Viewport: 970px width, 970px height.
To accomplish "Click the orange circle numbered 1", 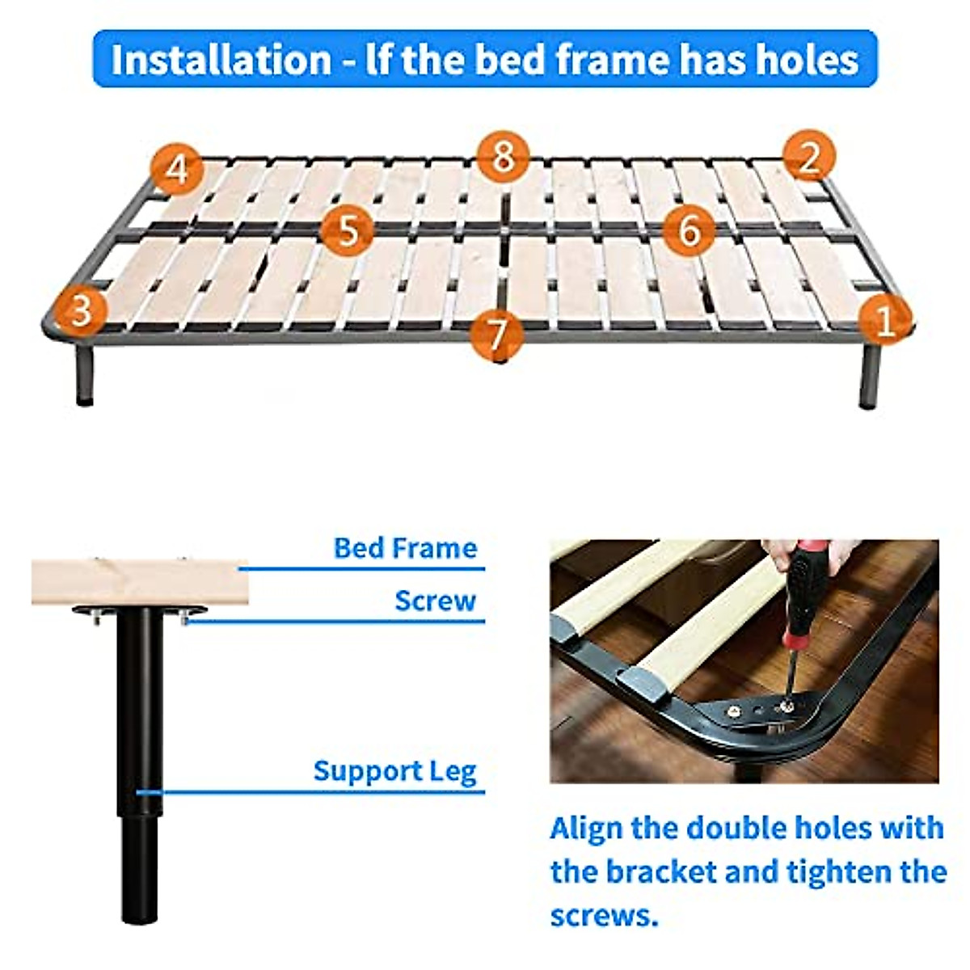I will pos(885,320).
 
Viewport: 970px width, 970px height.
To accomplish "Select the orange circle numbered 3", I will pos(79,309).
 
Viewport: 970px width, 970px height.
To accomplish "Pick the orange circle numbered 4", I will pos(177,169).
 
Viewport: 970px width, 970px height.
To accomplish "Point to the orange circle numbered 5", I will pos(347,230).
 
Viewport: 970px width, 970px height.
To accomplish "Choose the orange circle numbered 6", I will pos(689,230).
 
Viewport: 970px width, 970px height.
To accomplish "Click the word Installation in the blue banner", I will pos(221,60).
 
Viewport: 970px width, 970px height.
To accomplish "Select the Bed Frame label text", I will pos(405,548).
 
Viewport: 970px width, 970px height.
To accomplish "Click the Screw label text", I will pos(435,601).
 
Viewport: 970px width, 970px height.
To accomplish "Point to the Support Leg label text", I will pos(394,771).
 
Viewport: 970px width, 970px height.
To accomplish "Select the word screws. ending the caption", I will pos(601,916).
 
